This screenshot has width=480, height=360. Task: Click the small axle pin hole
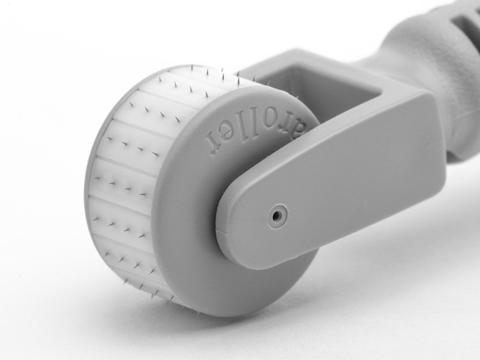pyautogui.click(x=277, y=215)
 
